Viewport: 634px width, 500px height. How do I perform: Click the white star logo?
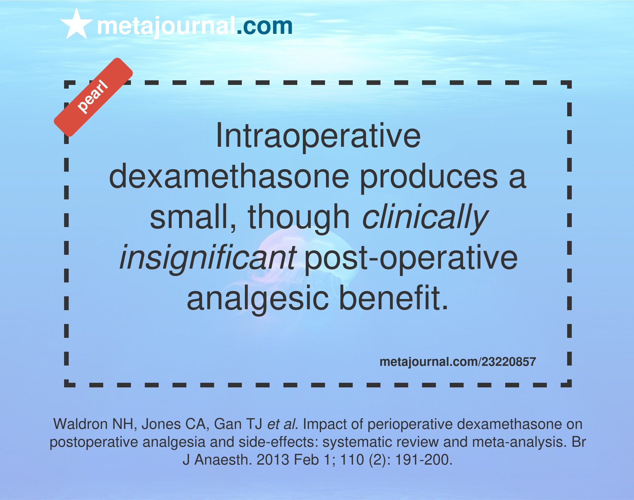click(x=76, y=25)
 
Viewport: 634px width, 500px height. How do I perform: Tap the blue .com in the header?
click(x=265, y=26)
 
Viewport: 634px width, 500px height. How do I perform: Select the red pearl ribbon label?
click(x=93, y=97)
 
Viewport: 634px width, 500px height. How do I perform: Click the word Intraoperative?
click(x=318, y=136)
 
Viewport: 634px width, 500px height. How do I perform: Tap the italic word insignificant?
click(x=208, y=258)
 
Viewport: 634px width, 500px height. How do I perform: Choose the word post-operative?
click(x=411, y=258)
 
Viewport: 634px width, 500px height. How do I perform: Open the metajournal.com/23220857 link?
click(x=457, y=362)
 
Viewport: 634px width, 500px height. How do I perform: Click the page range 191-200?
click(x=424, y=460)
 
